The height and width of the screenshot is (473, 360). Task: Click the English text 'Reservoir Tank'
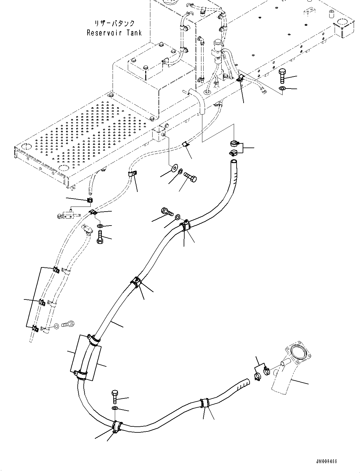click(114, 33)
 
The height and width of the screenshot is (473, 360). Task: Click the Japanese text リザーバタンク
click(115, 23)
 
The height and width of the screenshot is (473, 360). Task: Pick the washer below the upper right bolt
click(282, 89)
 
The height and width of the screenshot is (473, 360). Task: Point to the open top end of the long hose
click(233, 162)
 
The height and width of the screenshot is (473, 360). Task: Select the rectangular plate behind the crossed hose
click(86, 358)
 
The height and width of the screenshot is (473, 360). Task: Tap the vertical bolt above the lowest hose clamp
click(115, 397)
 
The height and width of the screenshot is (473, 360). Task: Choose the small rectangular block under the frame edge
click(159, 133)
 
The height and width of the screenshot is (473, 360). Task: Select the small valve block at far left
click(68, 216)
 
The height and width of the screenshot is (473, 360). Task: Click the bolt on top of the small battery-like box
click(145, 67)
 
